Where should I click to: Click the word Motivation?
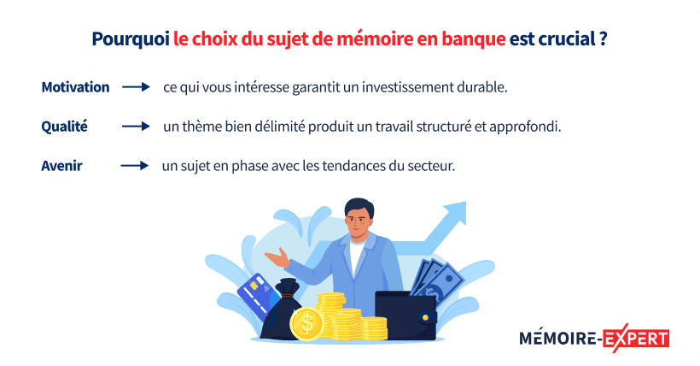(75, 87)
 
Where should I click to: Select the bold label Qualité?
(65, 127)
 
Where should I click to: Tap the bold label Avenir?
(61, 166)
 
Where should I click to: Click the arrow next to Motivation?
(136, 87)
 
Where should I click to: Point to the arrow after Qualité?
(136, 127)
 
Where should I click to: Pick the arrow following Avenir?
(134, 166)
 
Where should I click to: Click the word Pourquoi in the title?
(129, 39)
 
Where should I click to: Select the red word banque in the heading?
(469, 39)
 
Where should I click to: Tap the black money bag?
(283, 312)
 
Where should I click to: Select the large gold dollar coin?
(306, 323)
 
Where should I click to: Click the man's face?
(359, 221)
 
